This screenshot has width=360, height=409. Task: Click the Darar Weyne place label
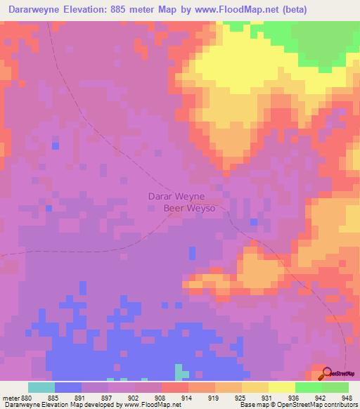click(176, 197)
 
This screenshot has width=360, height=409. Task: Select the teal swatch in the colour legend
click(41, 387)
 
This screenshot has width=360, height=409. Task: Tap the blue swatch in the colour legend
click(67, 387)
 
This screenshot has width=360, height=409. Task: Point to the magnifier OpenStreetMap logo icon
click(327, 373)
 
